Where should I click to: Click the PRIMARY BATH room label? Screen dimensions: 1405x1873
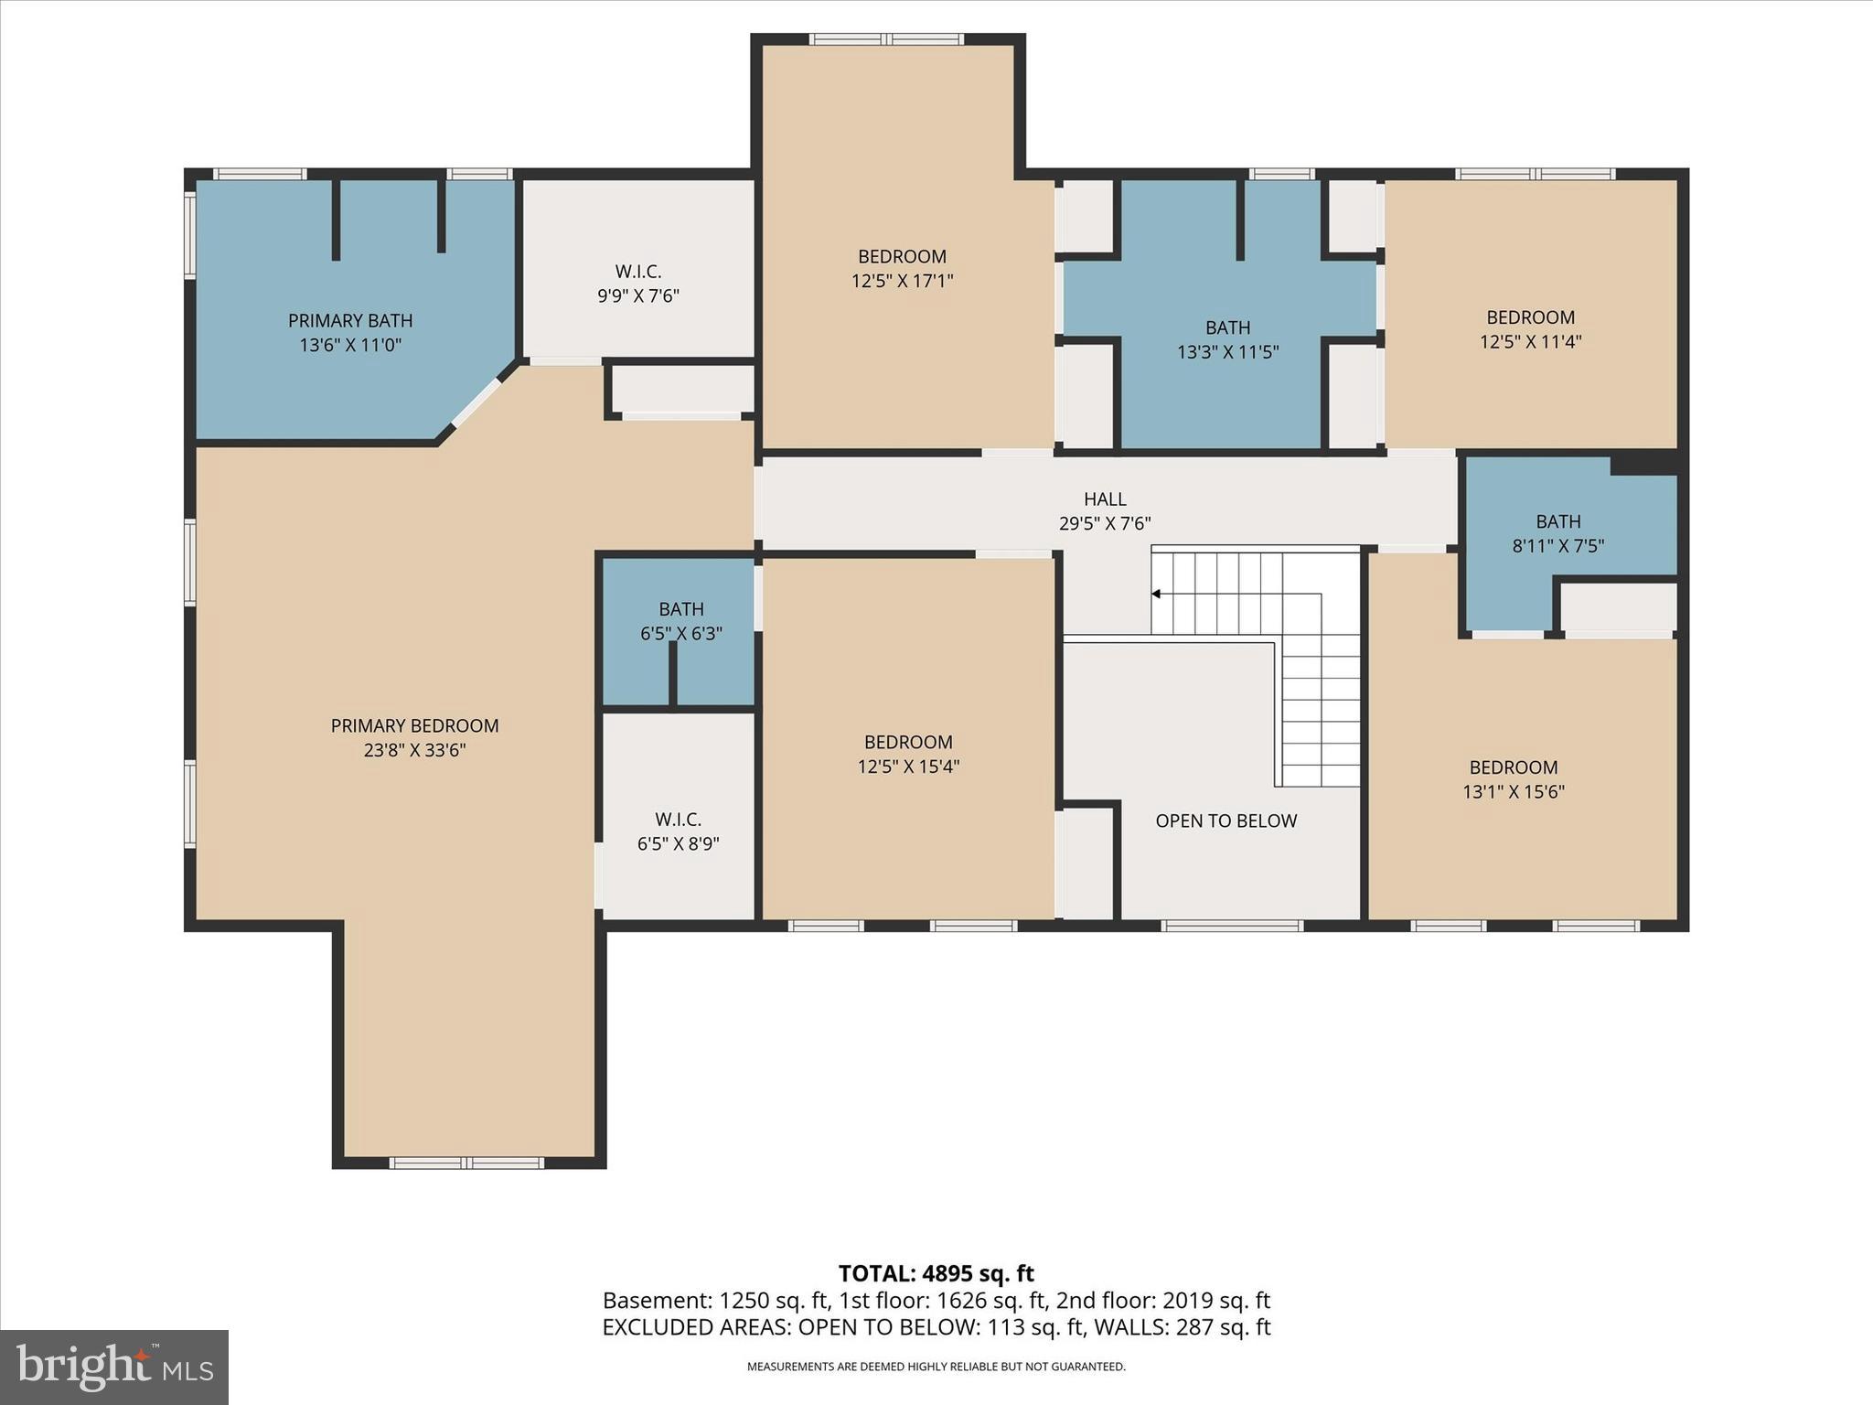350,321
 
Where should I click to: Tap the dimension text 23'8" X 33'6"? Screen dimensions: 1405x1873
414,751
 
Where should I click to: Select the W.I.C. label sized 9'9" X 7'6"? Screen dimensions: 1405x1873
637,272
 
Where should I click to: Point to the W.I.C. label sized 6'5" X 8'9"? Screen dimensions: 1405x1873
678,820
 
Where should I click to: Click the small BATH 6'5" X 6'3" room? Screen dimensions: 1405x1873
680,621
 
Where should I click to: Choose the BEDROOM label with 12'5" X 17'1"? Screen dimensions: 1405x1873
902,257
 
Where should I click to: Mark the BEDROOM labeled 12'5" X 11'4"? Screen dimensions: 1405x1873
1530,318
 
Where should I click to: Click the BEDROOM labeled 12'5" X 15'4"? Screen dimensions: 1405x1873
908,743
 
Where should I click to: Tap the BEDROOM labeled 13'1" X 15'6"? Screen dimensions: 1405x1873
1514,768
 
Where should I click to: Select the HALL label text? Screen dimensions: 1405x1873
1105,499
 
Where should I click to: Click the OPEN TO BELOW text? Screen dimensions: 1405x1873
1225,821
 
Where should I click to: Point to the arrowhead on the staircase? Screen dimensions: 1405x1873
1156,594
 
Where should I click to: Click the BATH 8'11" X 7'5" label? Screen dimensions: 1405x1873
1557,522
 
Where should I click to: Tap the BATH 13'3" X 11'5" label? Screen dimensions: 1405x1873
1227,327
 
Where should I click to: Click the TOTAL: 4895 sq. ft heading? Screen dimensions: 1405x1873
936,1273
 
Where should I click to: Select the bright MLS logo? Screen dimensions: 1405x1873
114,1367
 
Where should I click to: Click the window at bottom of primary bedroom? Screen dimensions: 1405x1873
466,1163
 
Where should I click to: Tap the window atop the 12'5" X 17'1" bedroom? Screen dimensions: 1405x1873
886,39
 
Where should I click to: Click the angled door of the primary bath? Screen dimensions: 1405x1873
477,402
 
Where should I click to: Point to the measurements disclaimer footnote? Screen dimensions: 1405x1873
936,1367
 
